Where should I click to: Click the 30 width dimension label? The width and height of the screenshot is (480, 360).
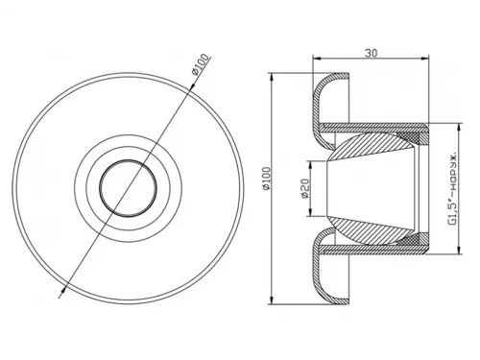371,53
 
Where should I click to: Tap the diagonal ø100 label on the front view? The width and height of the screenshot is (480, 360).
201,64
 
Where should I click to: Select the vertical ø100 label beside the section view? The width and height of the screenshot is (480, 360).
267,179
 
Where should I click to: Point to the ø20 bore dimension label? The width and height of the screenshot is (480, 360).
305,188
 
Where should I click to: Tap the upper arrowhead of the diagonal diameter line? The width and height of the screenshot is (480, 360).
193,85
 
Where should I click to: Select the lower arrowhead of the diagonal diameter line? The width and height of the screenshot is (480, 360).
63,289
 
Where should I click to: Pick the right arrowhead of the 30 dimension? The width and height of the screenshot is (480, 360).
424,59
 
